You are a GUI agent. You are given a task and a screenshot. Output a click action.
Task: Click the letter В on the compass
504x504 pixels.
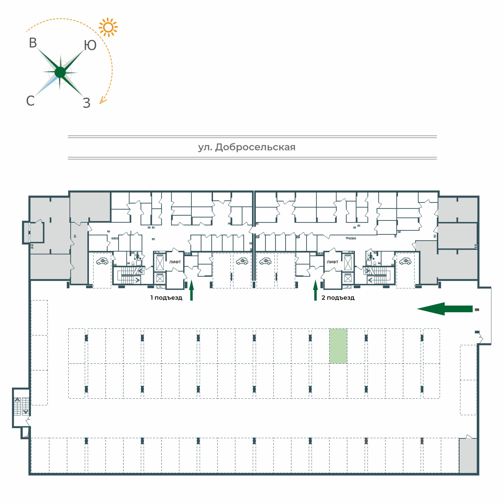click(33, 43)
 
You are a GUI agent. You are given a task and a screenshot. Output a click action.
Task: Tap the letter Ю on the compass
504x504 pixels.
click(90, 45)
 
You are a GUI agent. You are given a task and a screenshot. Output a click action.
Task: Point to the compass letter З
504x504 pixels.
click(87, 103)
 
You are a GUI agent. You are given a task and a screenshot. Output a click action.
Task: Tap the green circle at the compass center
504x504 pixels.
click(60, 72)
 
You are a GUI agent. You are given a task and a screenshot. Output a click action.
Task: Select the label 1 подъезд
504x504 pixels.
click(166, 298)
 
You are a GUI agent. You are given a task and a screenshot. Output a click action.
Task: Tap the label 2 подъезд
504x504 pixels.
click(338, 298)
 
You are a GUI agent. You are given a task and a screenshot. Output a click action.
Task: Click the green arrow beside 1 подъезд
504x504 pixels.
click(192, 290)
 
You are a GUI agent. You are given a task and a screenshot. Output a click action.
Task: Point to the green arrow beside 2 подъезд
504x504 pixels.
click(315, 290)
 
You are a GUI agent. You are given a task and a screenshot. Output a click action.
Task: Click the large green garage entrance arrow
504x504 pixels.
click(445, 309)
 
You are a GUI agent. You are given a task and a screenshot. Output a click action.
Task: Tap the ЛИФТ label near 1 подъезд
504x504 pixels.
click(175, 262)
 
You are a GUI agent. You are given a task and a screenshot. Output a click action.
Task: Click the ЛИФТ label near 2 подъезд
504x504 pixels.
click(332, 262)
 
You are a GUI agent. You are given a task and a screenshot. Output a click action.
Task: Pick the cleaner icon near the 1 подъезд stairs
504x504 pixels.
click(138, 256)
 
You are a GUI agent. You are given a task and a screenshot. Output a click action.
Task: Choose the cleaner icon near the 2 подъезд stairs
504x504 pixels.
click(370, 256)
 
